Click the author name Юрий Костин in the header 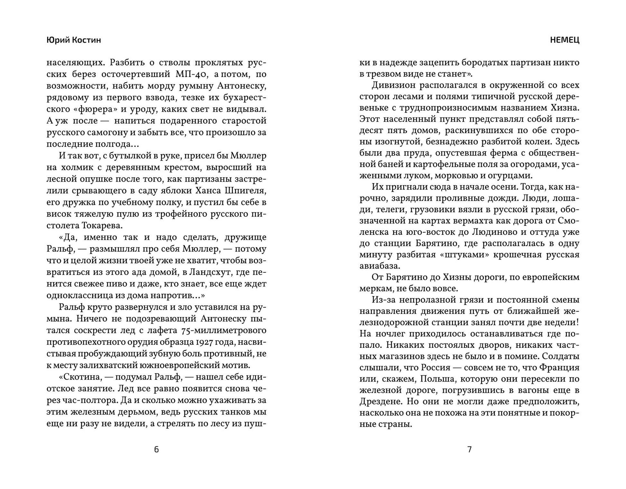coord(74,40)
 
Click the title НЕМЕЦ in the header coord(565,40)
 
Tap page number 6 coord(156,449)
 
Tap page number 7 coord(469,449)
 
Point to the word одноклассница coord(76,295)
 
